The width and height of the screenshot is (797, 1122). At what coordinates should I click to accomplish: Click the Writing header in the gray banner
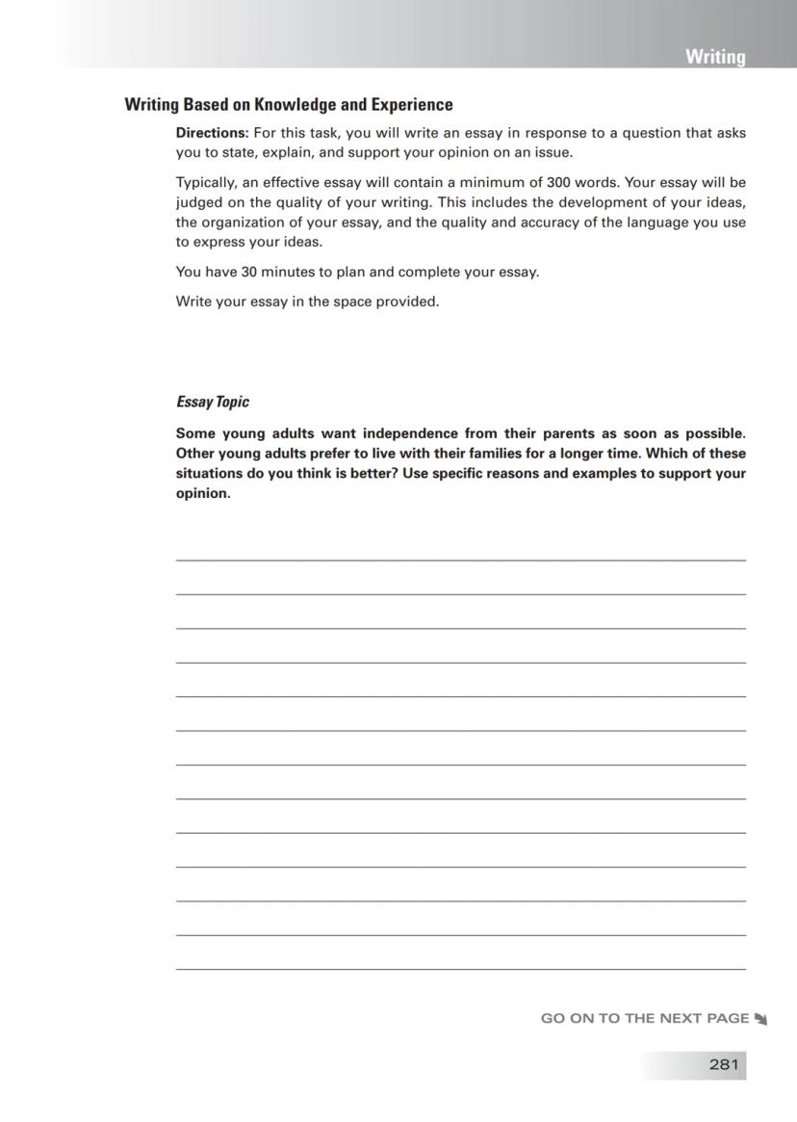coord(714,57)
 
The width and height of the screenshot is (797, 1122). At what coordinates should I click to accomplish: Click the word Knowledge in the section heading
coord(295,105)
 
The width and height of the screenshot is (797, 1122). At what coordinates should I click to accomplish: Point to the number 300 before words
coord(558,182)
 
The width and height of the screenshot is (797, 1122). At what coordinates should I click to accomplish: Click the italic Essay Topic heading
coord(212,403)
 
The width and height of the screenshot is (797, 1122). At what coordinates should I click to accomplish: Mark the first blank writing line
coord(460,559)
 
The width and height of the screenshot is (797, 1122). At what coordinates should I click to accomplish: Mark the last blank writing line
coord(460,968)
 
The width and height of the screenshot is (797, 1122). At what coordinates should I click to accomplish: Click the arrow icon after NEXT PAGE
coord(760,1019)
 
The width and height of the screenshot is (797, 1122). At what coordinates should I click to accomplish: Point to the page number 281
coord(723,1064)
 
